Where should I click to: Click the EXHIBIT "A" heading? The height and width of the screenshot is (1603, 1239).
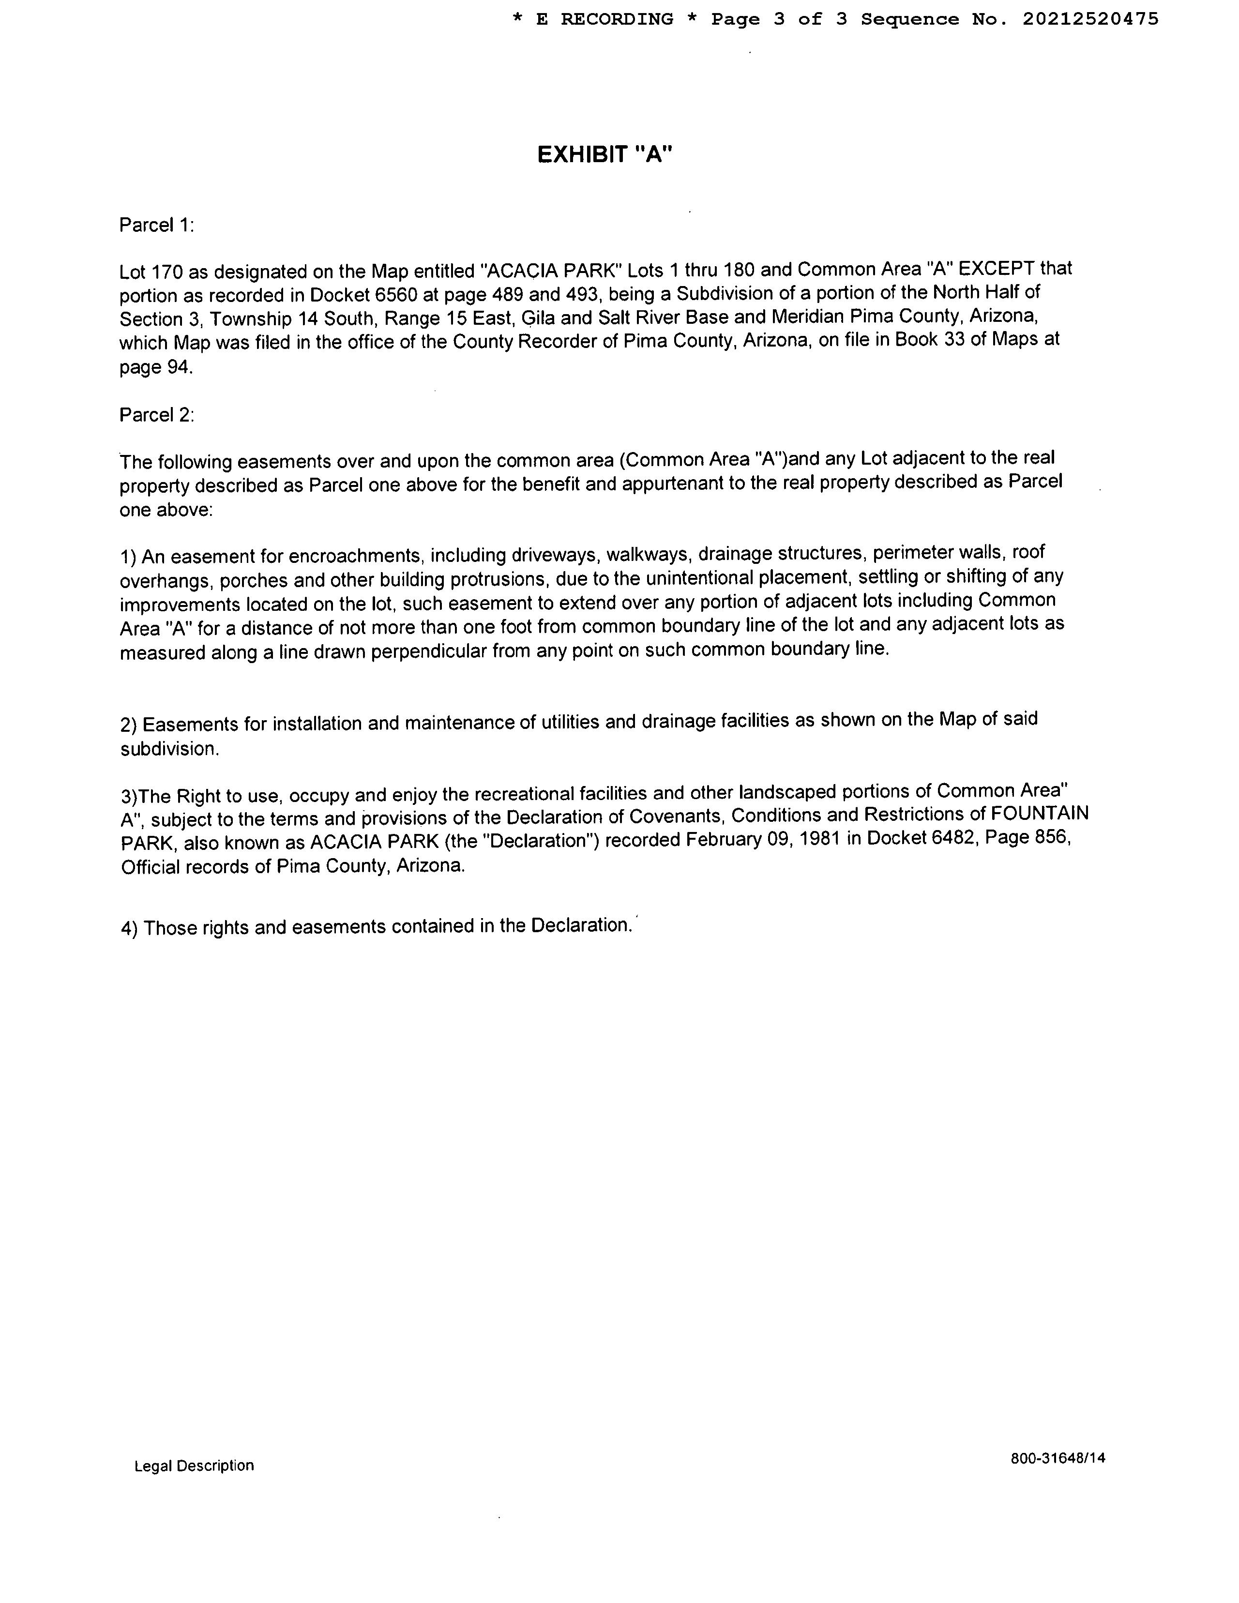pyautogui.click(x=605, y=155)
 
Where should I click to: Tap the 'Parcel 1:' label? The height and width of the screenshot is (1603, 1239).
pyautogui.click(x=156, y=226)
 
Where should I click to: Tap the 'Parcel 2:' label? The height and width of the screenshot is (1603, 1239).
pyautogui.click(x=156, y=415)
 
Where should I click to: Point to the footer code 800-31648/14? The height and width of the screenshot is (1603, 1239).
pyautogui.click(x=1057, y=1458)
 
